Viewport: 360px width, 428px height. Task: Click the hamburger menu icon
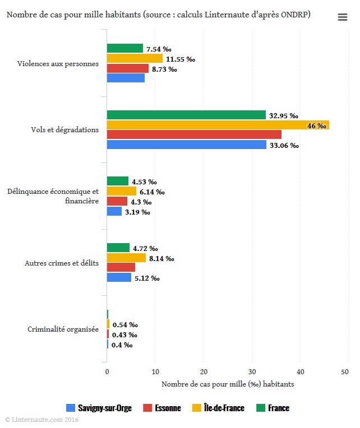[x=343, y=17]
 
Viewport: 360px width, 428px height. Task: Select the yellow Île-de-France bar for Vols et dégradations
[x=218, y=125]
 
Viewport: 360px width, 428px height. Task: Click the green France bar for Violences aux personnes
[x=124, y=49]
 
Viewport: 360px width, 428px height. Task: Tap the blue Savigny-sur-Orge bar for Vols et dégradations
[x=186, y=145]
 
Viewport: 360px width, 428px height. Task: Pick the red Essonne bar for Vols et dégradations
[x=194, y=134]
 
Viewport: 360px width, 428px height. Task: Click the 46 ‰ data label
[x=316, y=126]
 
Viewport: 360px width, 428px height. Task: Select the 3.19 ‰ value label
[x=137, y=212]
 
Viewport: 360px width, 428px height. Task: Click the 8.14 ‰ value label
[x=161, y=259]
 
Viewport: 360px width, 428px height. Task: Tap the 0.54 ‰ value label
[x=125, y=325]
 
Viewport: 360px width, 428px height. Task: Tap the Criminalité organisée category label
[x=63, y=329]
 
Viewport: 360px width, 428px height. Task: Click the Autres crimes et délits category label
[x=62, y=263]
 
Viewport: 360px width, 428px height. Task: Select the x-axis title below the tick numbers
[x=228, y=384]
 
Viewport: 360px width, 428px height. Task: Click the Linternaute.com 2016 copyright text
[x=41, y=419]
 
